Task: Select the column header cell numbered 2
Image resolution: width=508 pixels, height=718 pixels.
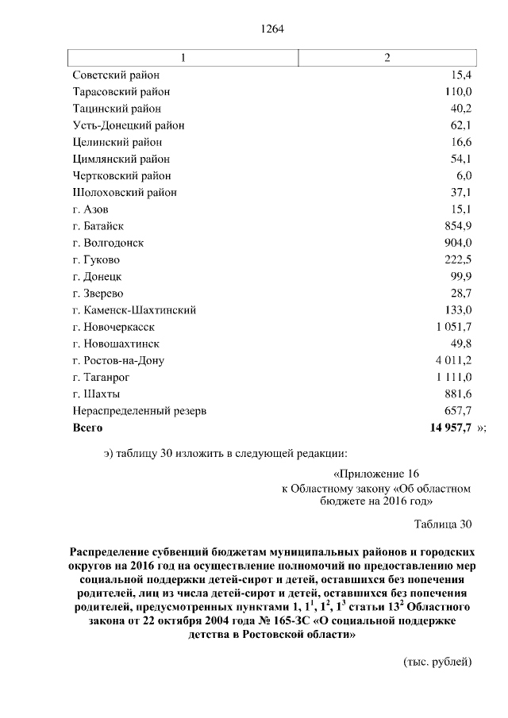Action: pyautogui.click(x=387, y=58)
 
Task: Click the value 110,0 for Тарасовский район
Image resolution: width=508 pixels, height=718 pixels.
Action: pyautogui.click(x=458, y=92)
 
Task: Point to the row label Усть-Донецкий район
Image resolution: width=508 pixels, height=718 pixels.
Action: pyautogui.click(x=129, y=125)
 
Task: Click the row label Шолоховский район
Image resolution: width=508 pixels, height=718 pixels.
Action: pyautogui.click(x=125, y=192)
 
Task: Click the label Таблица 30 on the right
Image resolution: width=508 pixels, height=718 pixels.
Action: pyautogui.click(x=443, y=524)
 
